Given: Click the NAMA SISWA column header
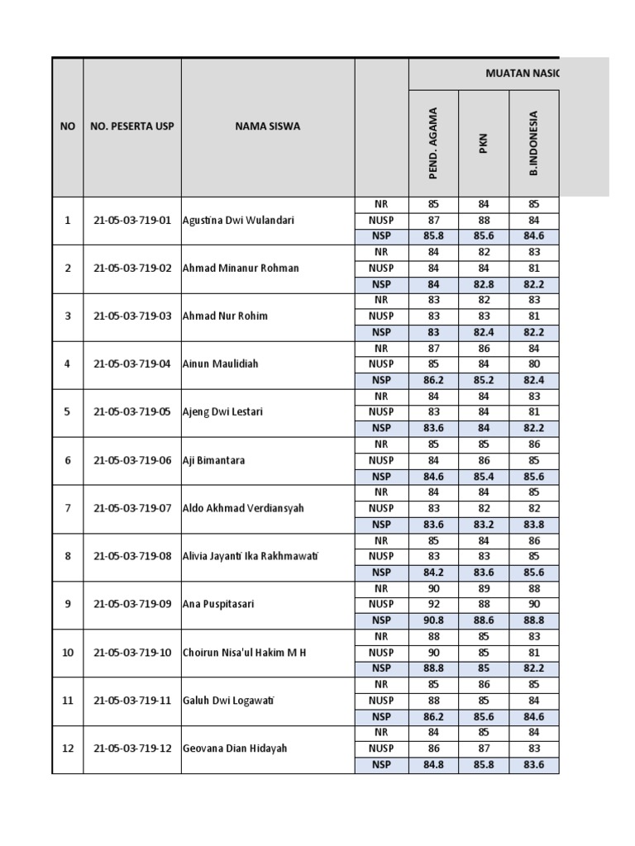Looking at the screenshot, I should (267, 126).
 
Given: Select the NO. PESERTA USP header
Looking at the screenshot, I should (132, 126).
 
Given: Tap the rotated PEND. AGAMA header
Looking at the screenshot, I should (432, 143).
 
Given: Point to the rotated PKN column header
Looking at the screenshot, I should (484, 143).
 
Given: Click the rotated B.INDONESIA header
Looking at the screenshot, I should (534, 143).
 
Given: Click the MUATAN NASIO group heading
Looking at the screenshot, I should (522, 74).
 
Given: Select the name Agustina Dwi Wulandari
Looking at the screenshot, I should (238, 221).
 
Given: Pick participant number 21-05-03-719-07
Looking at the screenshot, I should (132, 508).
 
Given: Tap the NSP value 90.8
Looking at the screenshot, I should (433, 620).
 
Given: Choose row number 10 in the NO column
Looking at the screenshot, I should (68, 652).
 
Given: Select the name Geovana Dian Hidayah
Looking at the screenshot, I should (236, 748).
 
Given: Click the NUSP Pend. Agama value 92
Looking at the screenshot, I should (433, 604).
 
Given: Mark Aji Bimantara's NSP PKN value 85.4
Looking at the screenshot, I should (484, 476).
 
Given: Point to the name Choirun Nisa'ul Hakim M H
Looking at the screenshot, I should (244, 652).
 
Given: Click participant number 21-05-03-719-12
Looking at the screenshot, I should (132, 748).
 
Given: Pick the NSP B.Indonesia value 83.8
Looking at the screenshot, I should (534, 524).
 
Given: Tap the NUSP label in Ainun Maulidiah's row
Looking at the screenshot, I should (381, 364).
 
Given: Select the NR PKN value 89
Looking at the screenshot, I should (484, 588).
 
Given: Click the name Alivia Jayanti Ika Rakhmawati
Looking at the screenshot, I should (251, 556).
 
